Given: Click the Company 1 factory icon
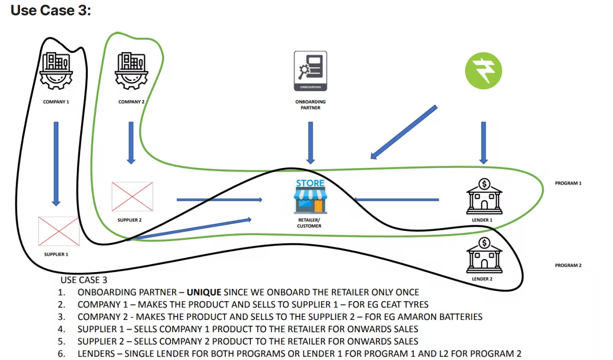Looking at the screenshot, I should point(56,71).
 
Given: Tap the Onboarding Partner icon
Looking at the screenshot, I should point(311,71).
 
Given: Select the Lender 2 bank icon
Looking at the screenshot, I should point(484,256).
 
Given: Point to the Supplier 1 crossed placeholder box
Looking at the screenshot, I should point(59,231).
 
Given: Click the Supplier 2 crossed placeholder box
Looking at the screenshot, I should point(132,196).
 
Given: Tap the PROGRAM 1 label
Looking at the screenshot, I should point(568,184).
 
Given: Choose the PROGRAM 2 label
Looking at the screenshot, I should point(568,266).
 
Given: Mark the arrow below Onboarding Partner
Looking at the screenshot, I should point(311,142).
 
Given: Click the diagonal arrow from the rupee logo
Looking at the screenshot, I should point(404,132).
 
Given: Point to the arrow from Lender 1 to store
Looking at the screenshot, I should point(396,199).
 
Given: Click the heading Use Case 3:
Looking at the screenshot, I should point(51,10).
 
